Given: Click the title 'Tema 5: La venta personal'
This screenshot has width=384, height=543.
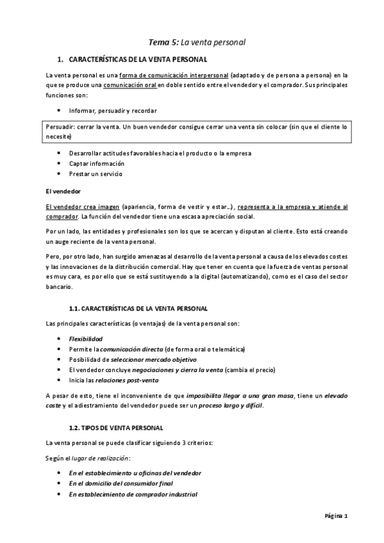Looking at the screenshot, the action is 197,42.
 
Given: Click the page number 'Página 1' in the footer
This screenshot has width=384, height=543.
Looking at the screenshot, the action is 335,515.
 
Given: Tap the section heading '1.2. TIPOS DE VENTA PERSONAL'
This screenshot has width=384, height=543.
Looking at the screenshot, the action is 116,426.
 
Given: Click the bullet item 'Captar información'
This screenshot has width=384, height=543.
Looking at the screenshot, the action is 96,163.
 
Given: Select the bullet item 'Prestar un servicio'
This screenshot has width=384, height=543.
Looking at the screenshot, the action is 96,174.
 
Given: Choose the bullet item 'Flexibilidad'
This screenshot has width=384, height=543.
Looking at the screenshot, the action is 86,338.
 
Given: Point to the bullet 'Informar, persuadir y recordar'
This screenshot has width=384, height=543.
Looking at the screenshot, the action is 113,110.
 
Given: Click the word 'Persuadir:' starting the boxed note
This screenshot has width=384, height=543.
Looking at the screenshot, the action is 60,127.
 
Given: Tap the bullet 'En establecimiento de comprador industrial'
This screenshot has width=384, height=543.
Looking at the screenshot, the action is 133,494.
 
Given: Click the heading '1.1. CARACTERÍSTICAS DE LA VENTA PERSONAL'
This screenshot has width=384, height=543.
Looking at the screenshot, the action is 138,308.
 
